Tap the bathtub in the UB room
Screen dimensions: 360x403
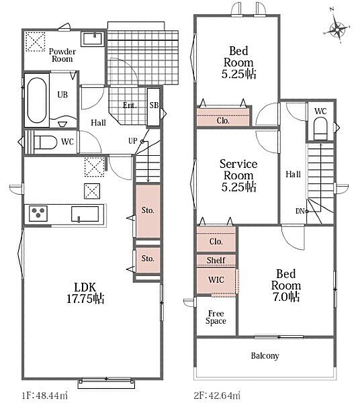(x=37, y=100)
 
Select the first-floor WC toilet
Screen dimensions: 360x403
(x=46, y=142)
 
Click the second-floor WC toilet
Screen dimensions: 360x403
(x=320, y=128)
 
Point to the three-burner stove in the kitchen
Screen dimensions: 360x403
(x=38, y=214)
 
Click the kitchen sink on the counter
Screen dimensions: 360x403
(x=85, y=214)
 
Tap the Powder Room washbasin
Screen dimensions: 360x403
(x=93, y=39)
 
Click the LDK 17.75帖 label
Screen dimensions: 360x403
(x=85, y=293)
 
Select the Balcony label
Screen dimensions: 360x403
(x=265, y=356)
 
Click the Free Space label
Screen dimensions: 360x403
(x=216, y=317)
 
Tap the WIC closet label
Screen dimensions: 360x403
(x=216, y=279)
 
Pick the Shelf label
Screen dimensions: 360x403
(x=216, y=260)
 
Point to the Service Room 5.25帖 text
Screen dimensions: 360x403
(x=238, y=175)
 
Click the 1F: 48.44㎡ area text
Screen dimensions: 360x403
(x=45, y=395)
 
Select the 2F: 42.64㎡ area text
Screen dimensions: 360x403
(x=217, y=395)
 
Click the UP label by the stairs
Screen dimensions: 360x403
(x=133, y=141)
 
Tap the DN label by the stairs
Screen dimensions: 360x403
(x=300, y=212)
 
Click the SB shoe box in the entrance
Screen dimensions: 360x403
(x=154, y=107)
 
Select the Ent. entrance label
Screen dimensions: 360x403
(x=130, y=105)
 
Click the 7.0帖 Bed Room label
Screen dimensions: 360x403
(x=285, y=285)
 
